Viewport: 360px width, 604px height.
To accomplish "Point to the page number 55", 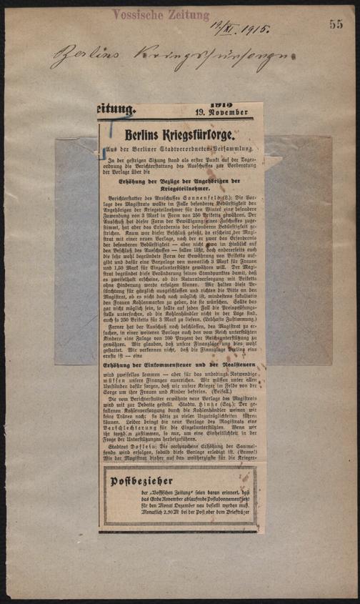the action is (x=336, y=24).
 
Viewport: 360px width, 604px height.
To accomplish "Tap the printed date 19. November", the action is (x=223, y=112).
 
